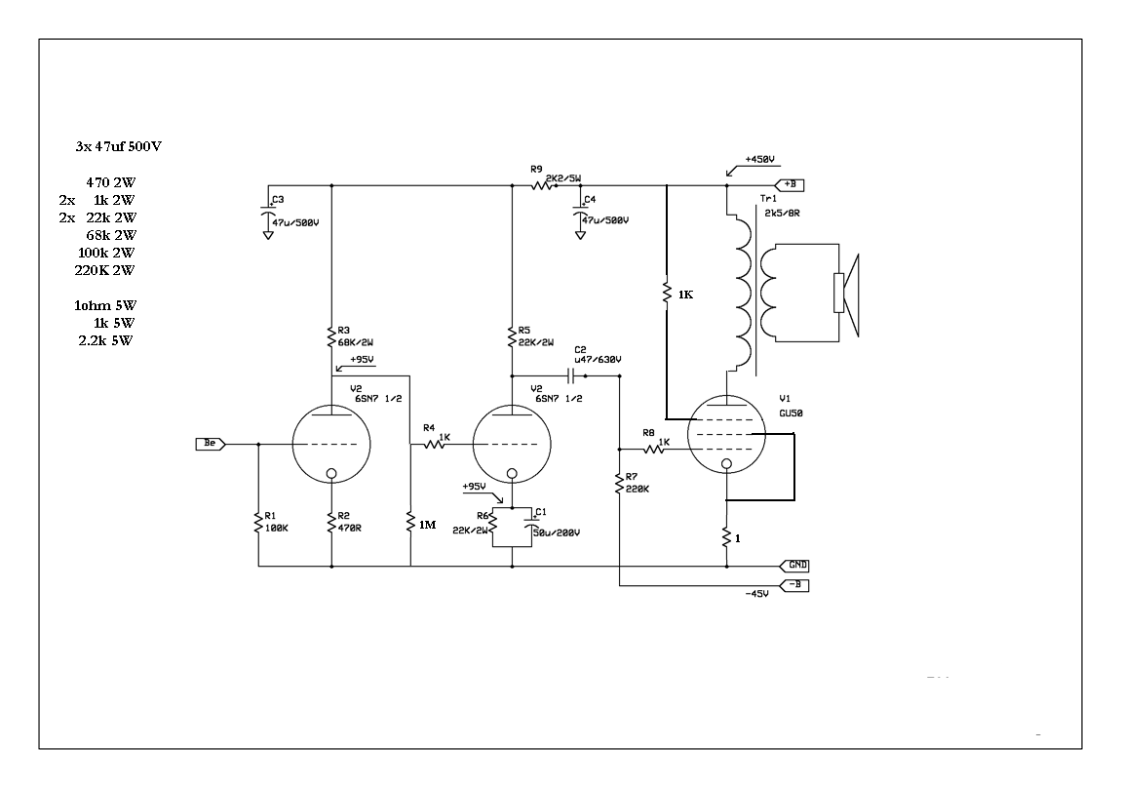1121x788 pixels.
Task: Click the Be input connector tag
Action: point(211,444)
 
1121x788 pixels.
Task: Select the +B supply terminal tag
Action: point(790,185)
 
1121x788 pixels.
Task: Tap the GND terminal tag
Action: point(794,566)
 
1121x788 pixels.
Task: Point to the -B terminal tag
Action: point(794,586)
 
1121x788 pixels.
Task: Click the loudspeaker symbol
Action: point(846,294)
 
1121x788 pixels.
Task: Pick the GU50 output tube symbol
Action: point(726,434)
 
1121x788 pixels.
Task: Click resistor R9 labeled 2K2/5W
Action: point(543,186)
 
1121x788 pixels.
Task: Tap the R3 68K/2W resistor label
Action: point(356,336)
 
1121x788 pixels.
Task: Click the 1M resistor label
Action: point(427,525)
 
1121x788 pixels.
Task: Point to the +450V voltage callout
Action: point(759,160)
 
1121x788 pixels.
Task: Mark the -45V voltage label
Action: point(756,594)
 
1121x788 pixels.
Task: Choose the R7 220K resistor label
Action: point(637,483)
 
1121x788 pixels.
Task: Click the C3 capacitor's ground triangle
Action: point(268,234)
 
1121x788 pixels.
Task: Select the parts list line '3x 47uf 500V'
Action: point(119,146)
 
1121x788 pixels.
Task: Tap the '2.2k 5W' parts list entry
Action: point(106,340)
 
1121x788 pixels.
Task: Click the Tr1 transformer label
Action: point(768,199)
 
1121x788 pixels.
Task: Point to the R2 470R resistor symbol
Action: point(331,523)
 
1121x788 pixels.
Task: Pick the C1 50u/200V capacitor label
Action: point(557,522)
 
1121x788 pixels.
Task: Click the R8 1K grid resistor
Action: point(654,449)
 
